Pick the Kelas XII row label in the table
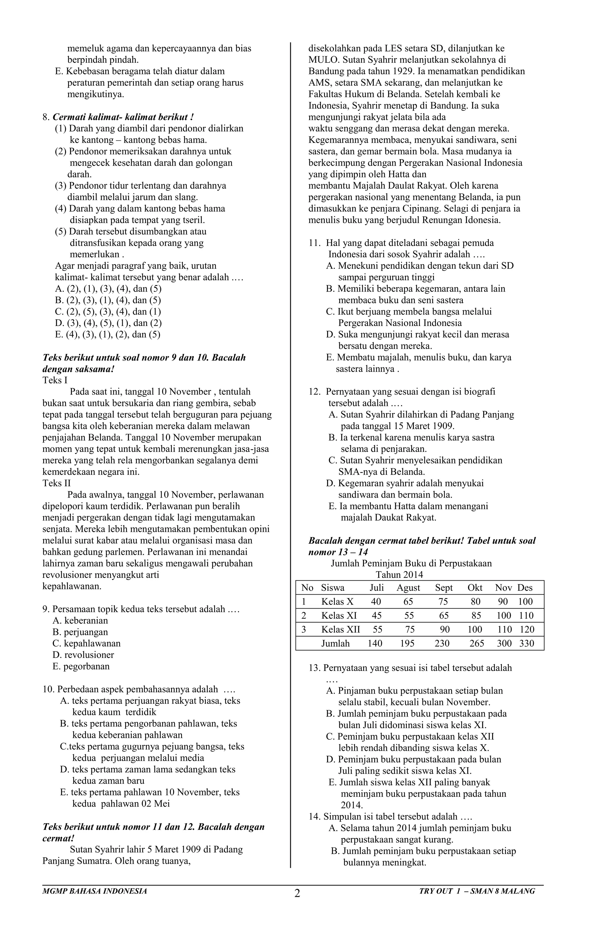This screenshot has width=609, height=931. [x=340, y=629]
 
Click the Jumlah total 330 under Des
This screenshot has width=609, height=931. [x=526, y=643]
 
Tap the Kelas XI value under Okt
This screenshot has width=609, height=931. [x=476, y=616]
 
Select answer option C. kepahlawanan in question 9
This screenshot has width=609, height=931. [x=87, y=643]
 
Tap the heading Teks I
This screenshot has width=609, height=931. [x=55, y=380]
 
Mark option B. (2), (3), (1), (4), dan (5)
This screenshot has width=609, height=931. [x=108, y=300]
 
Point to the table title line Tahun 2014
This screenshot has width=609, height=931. [x=399, y=575]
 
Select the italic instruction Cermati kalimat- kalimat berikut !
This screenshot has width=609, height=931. [x=123, y=117]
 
